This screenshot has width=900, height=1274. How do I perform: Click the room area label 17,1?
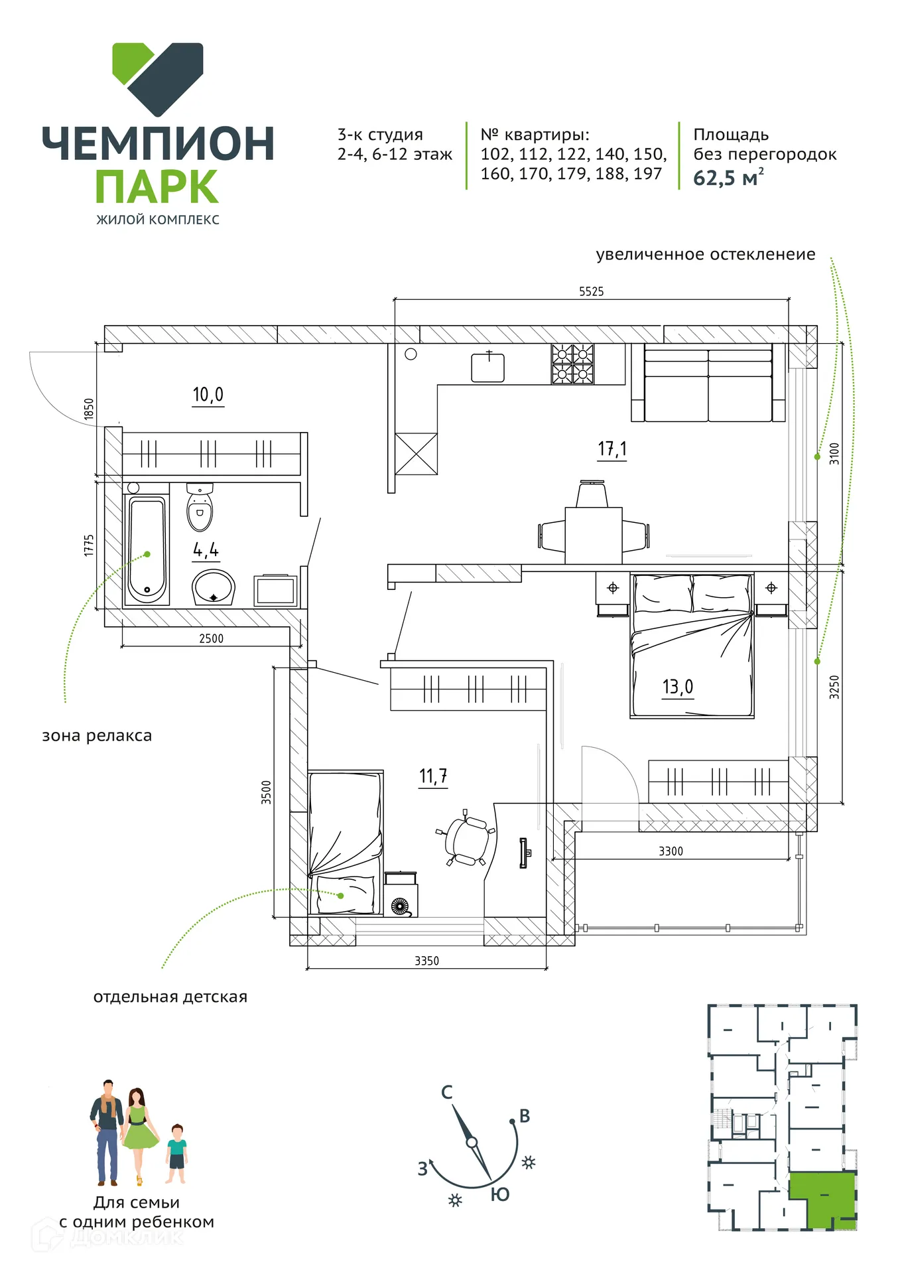point(612,449)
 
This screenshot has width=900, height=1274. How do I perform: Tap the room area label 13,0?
point(677,687)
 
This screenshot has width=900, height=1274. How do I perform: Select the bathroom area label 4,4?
point(206,550)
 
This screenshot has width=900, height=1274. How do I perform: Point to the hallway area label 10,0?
point(208,395)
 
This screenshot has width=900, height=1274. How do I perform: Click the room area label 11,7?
point(433,776)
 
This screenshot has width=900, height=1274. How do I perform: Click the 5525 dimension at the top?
point(592,291)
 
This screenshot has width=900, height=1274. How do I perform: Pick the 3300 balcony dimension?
point(671,851)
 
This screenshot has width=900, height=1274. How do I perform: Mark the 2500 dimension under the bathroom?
point(212,638)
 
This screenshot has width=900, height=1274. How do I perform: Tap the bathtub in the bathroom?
point(147,551)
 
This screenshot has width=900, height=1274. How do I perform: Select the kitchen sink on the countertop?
point(487,367)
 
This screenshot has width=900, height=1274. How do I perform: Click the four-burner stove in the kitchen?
point(573,364)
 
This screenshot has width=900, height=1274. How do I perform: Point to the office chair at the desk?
point(466,838)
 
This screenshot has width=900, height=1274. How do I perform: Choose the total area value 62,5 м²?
point(728,178)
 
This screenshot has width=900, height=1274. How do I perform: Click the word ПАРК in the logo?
point(157,187)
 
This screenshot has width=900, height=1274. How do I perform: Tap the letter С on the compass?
point(447,1092)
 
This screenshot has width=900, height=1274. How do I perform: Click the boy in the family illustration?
point(176,1154)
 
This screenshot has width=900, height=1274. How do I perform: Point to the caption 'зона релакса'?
point(97,736)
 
